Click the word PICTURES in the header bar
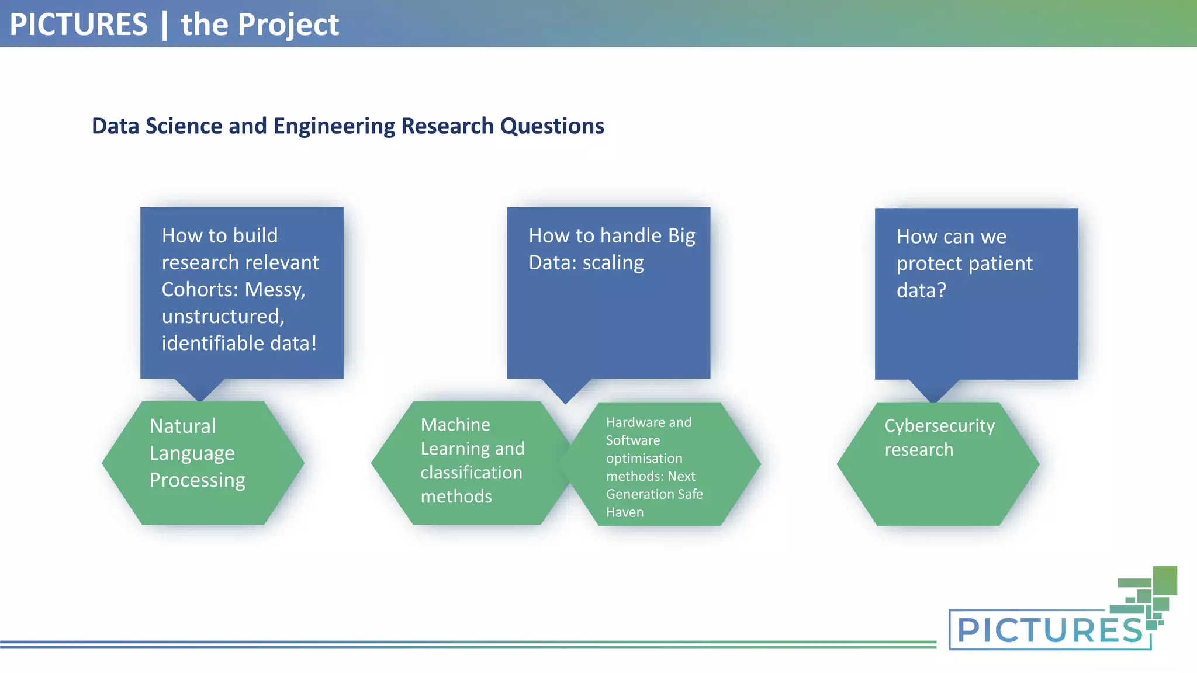pos(79,25)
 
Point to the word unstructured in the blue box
pos(222,317)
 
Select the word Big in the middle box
pos(681,235)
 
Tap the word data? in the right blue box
pos(921,290)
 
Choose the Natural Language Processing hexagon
pos(203,463)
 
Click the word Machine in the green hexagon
pos(455,425)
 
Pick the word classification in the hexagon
pos(471,473)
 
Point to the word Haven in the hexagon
pos(624,512)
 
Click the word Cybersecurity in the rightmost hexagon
pos(939,426)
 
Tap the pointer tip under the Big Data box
pos(565,400)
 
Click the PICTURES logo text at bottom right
pos(1049,630)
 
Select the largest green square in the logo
pos(1164,580)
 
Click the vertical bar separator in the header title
pos(164,25)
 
